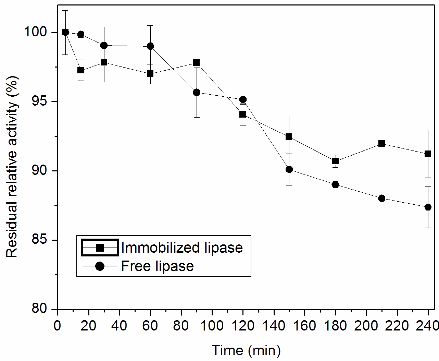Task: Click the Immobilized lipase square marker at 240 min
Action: coord(428,154)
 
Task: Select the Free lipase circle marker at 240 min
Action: coord(428,207)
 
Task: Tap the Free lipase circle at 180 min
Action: coord(335,185)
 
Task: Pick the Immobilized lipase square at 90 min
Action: coord(196,63)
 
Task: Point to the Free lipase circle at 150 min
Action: coord(289,169)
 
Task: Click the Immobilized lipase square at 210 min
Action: coord(381,144)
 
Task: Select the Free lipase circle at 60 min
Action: coord(150,46)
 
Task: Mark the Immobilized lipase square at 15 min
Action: coord(80,70)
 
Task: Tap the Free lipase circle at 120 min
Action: coord(243,99)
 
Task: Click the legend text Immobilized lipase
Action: coord(182,248)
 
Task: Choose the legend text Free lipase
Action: coord(158,266)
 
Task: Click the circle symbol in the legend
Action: coord(100,266)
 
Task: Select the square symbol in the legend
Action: coord(100,248)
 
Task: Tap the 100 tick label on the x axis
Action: coord(212,326)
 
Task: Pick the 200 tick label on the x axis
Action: coord(366,326)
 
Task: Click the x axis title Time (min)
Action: coord(246,350)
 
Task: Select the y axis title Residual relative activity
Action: coord(12,167)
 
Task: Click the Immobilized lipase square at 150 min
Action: coord(289,137)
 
